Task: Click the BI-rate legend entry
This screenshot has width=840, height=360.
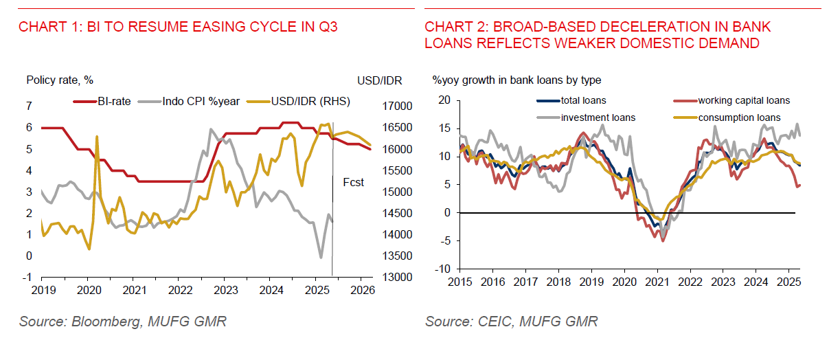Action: tap(112, 102)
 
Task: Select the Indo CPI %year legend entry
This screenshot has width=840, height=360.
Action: tap(201, 102)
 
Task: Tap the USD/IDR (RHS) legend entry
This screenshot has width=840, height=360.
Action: tap(310, 102)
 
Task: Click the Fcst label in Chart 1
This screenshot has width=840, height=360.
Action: tap(353, 183)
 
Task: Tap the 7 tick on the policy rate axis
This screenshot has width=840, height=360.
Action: tap(29, 106)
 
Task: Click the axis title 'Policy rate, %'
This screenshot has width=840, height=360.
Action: tap(60, 80)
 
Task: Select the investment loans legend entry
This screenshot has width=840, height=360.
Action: tap(598, 117)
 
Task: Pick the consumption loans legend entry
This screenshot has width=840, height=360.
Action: tap(739, 117)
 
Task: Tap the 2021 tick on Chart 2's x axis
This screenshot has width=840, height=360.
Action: tap(657, 282)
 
